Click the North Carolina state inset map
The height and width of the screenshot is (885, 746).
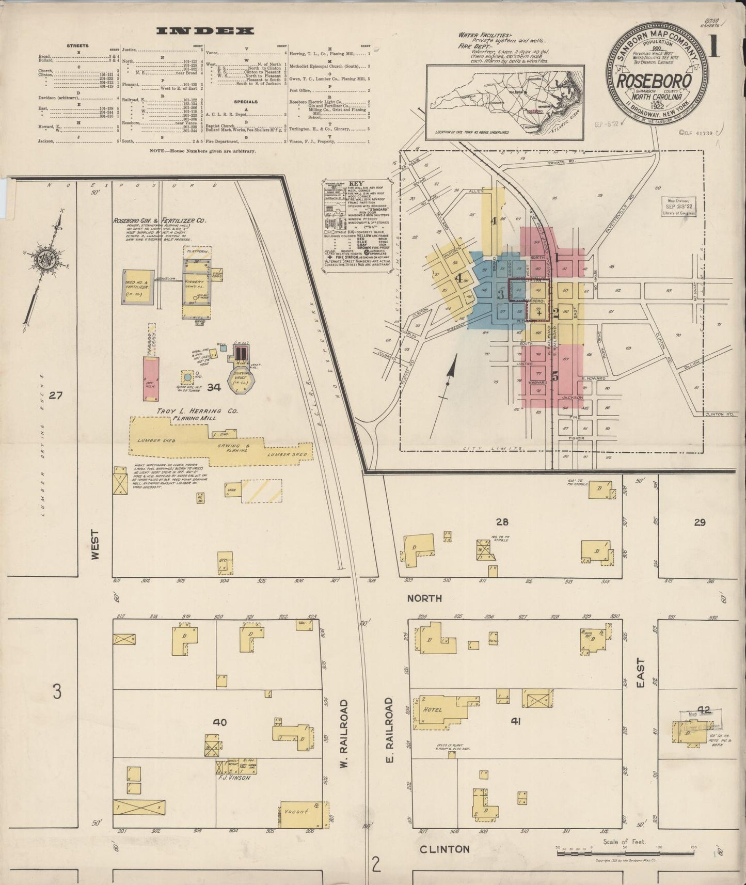tap(505, 102)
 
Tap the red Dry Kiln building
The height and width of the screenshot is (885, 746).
tap(151, 380)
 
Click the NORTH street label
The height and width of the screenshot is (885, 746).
tap(424, 598)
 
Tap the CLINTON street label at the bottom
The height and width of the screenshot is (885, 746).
tap(445, 849)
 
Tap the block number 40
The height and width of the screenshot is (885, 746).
tap(220, 722)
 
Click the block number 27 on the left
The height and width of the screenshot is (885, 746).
tap(55, 396)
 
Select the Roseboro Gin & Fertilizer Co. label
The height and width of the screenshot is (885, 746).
tap(160, 220)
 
